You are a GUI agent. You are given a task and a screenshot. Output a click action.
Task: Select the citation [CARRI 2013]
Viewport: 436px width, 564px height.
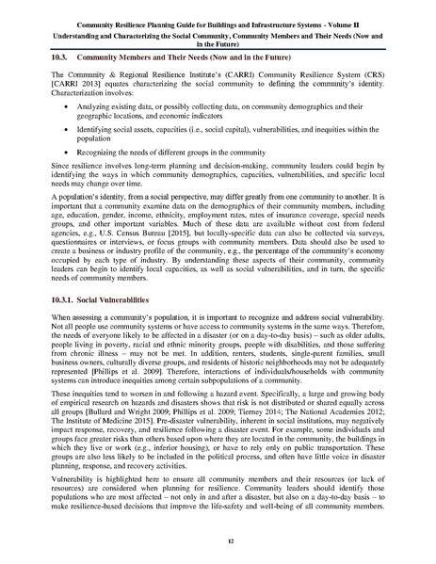pyautogui.click(x=74, y=86)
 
